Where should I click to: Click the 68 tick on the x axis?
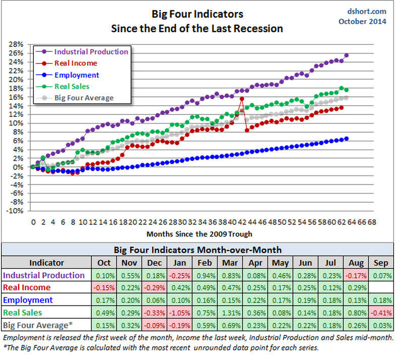click(x=372, y=221)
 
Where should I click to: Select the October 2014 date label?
click(x=362, y=21)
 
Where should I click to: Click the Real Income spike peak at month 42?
click(x=242, y=99)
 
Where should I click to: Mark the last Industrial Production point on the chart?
click(x=347, y=55)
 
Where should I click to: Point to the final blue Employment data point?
click(x=347, y=139)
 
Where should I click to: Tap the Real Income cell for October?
click(x=104, y=287)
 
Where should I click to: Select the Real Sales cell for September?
click(x=380, y=313)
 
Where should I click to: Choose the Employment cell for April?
click(x=255, y=300)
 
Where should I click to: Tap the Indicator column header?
click(x=47, y=262)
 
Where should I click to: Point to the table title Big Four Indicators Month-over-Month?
click(x=198, y=250)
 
